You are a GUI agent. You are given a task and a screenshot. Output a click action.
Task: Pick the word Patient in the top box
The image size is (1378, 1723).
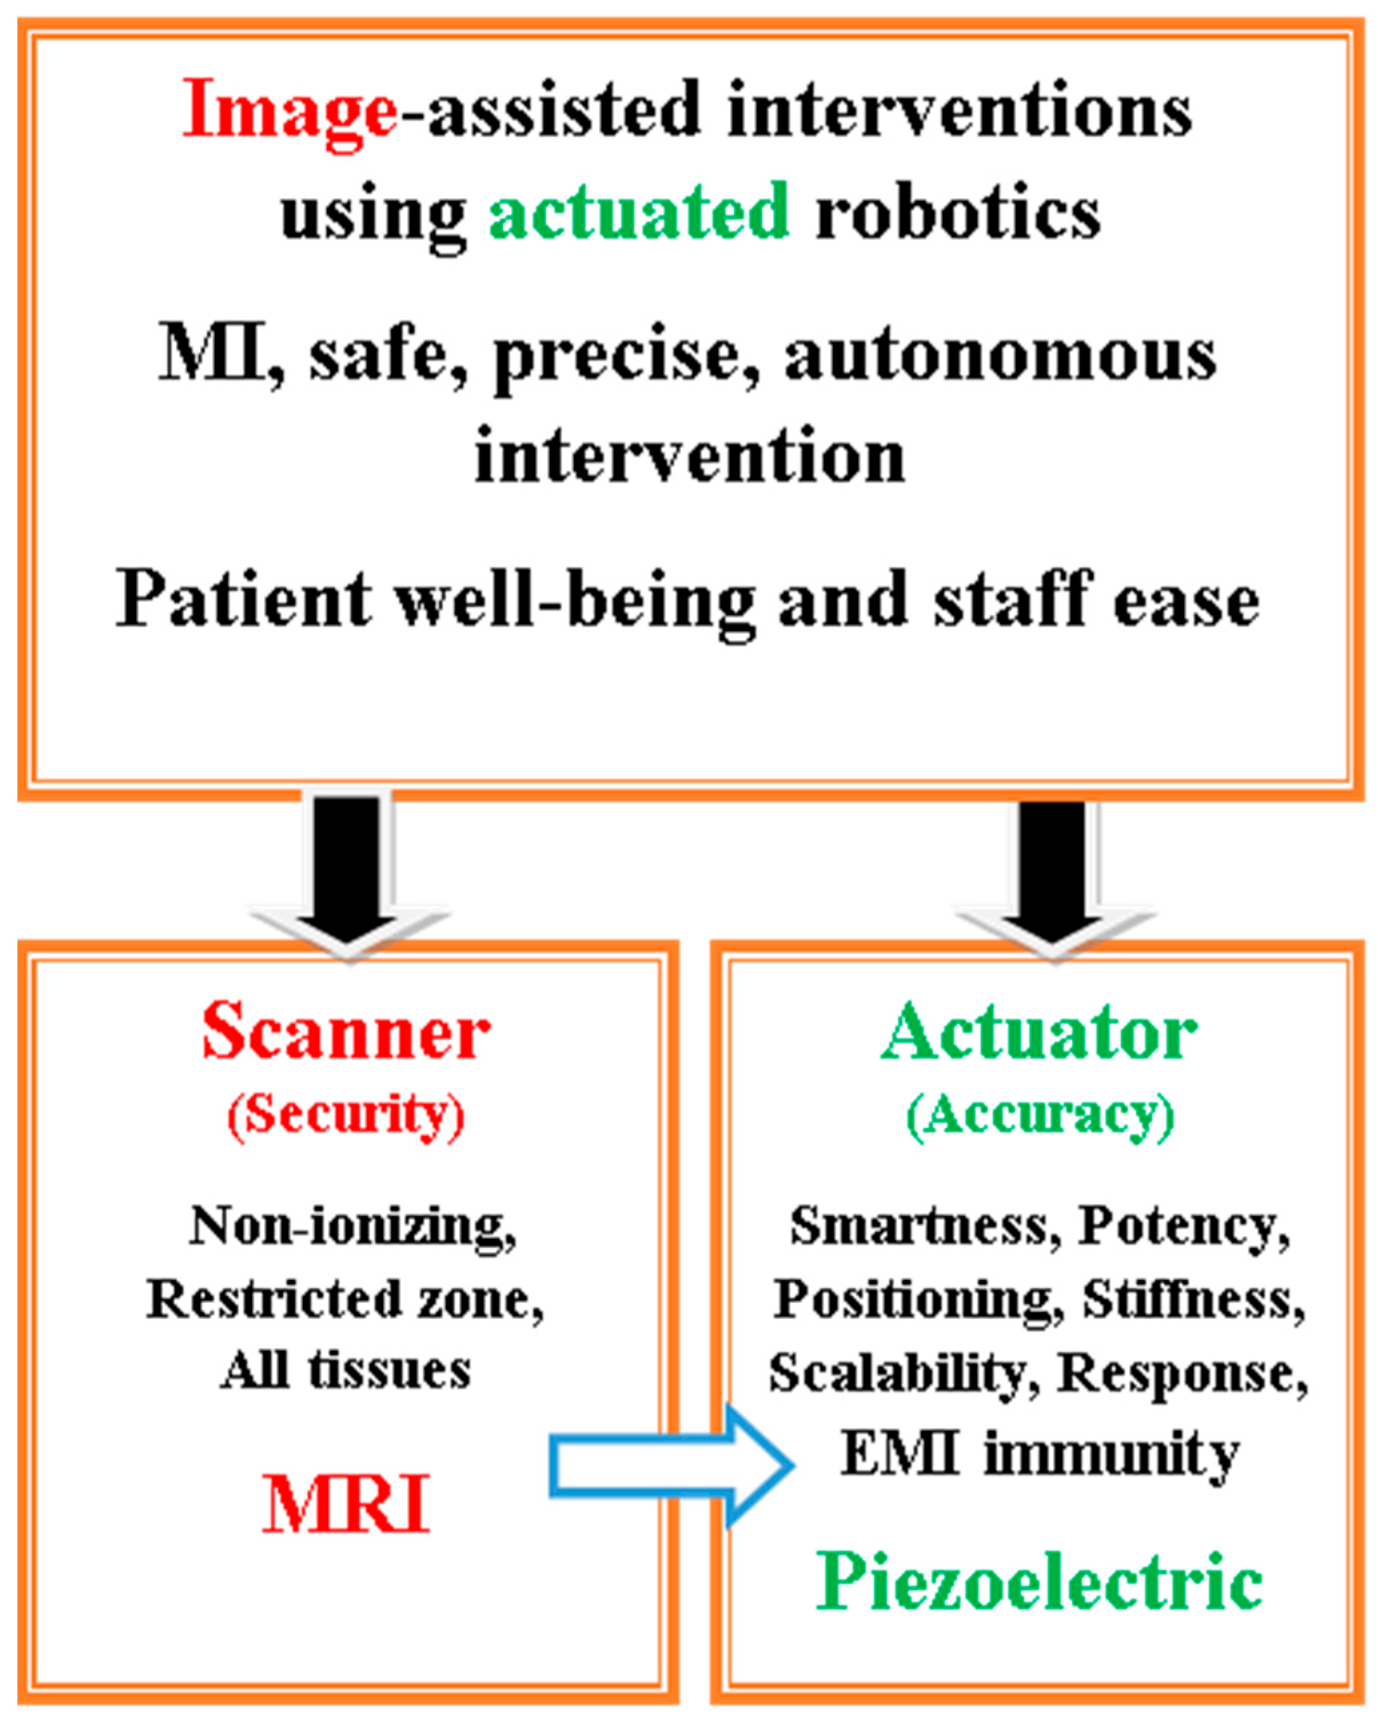[x=243, y=600]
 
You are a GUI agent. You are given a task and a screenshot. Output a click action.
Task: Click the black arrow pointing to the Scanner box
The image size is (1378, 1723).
[x=348, y=867]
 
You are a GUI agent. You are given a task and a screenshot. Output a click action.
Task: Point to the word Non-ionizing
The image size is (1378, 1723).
[x=352, y=1227]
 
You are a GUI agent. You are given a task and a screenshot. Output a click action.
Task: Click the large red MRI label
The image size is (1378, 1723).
[x=345, y=1504]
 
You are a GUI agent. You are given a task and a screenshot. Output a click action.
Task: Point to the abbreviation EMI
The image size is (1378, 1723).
[x=900, y=1453]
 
